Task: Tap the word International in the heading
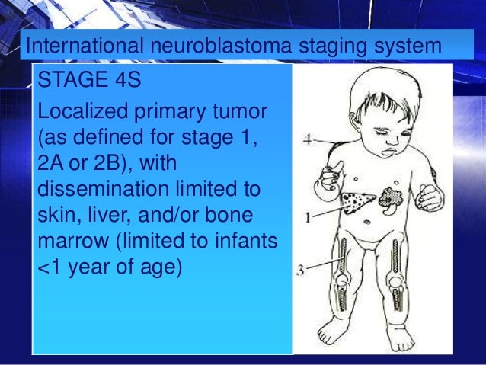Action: (x=78, y=46)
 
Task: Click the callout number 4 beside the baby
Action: (x=305, y=140)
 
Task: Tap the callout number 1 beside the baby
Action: (x=307, y=218)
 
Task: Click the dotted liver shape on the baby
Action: (x=356, y=201)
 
